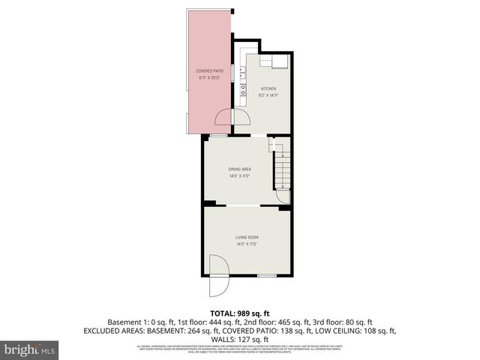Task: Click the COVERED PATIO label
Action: click(x=211, y=71)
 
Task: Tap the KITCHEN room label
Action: click(x=269, y=88)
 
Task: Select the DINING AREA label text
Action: click(x=239, y=169)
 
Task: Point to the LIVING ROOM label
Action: click(x=247, y=238)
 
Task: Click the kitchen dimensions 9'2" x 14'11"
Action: click(x=269, y=95)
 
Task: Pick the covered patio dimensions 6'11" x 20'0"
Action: click(x=211, y=78)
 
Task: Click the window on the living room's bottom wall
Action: click(x=266, y=276)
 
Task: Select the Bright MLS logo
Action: click(x=30, y=349)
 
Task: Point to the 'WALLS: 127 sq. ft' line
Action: click(x=239, y=338)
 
